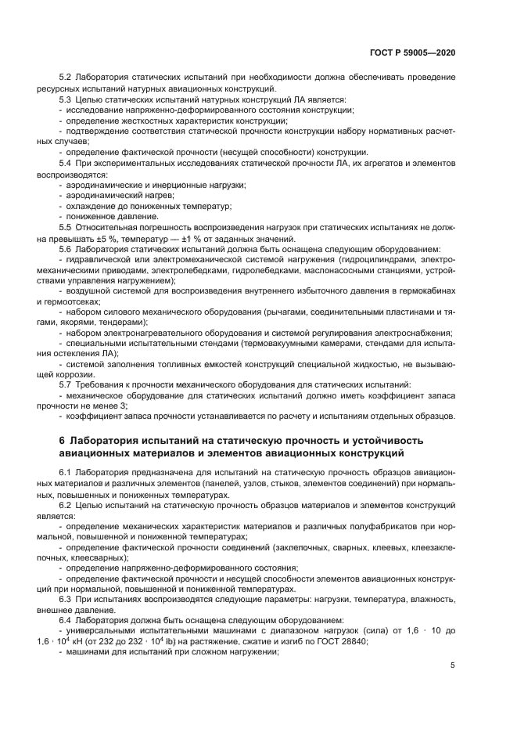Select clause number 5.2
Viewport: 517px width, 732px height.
(x=66, y=77)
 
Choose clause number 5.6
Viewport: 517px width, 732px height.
(x=66, y=249)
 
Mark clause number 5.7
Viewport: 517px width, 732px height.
(x=66, y=384)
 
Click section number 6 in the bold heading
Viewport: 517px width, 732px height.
(x=62, y=440)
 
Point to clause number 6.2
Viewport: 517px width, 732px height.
(x=66, y=507)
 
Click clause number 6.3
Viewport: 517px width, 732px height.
(x=66, y=599)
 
